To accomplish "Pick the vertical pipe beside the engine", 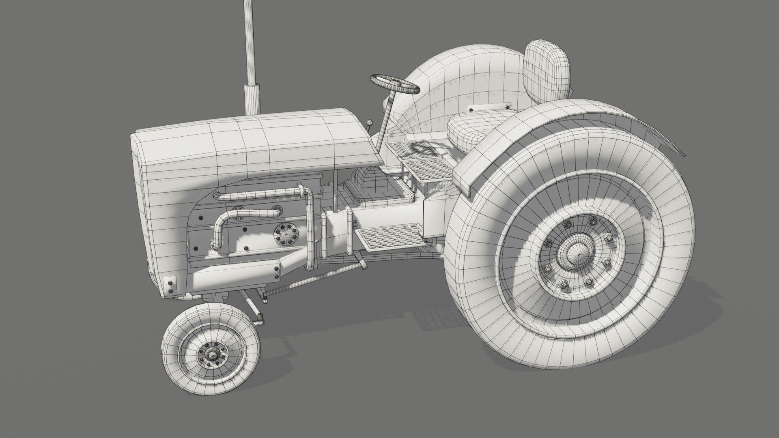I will point(310,231).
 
